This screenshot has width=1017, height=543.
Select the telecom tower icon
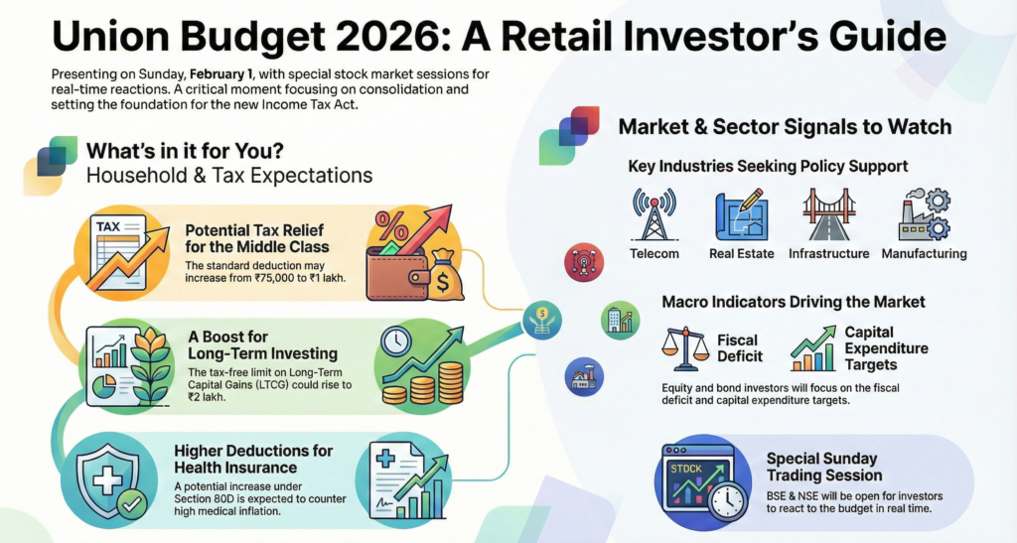click(654, 214)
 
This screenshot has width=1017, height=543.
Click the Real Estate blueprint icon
click(742, 215)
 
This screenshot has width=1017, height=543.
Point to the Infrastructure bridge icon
click(828, 214)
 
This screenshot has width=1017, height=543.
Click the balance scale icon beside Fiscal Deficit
click(685, 348)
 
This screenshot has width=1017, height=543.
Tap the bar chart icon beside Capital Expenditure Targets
click(813, 348)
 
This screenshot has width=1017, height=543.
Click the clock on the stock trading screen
click(727, 499)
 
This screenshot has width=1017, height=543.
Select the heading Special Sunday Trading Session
click(824, 468)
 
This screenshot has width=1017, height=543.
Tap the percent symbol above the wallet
click(391, 226)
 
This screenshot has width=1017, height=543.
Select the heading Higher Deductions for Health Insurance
click(253, 460)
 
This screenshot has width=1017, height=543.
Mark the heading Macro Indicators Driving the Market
click(794, 302)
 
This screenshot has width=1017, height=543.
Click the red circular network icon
click(584, 262)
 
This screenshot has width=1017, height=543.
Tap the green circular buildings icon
click(621, 320)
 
